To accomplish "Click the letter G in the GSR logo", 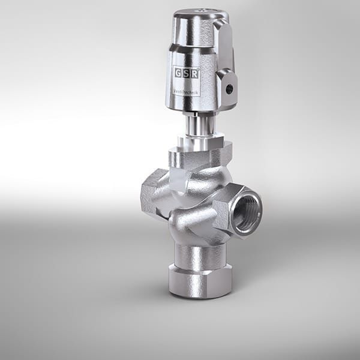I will [178, 73].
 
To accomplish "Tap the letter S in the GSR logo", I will [187, 73].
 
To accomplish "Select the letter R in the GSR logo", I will [195, 73].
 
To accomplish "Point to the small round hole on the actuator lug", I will [229, 88].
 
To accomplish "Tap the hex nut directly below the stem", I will [200, 143].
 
